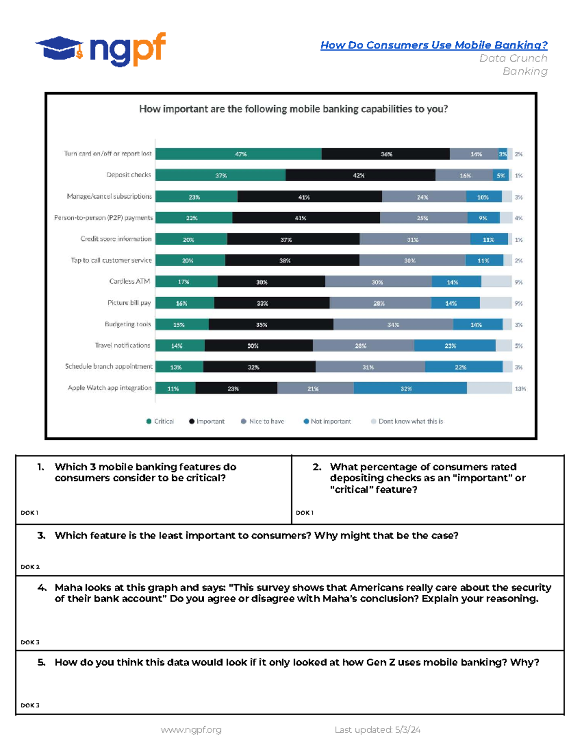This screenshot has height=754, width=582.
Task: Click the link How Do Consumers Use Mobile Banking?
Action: [x=434, y=45]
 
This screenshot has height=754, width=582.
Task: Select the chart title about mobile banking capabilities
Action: [x=293, y=109]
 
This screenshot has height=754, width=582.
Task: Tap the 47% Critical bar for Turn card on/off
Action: [x=238, y=154]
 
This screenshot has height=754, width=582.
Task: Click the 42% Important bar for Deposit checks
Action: [x=360, y=175]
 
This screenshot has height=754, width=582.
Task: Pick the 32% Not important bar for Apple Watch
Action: [x=410, y=388]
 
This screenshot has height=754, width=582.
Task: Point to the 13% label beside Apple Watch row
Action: [x=520, y=388]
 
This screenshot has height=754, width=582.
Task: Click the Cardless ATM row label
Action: [x=129, y=282]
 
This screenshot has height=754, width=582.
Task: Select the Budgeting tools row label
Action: [x=128, y=324]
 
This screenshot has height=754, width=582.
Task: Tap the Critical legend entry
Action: [x=160, y=421]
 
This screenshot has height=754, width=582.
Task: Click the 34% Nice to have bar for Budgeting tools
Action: [x=393, y=325]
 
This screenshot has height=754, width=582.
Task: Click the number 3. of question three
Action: [x=42, y=536]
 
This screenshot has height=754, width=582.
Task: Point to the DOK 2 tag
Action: [x=30, y=567]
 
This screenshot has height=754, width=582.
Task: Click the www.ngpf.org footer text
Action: [x=191, y=730]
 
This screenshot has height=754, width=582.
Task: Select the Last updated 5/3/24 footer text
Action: [x=377, y=730]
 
